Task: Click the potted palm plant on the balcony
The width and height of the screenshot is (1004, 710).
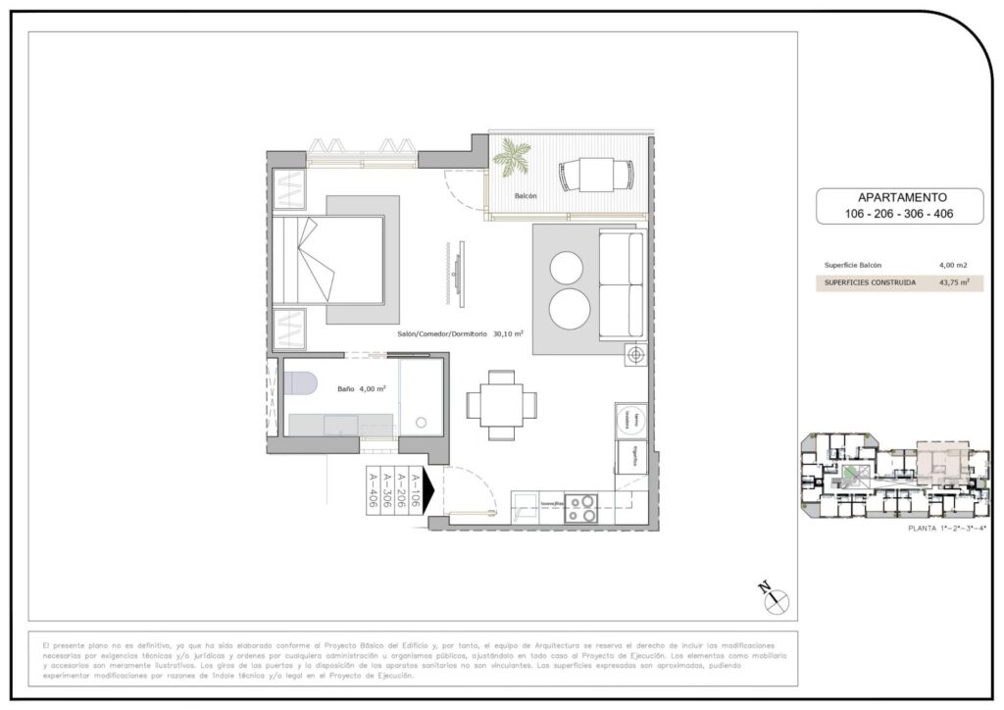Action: [512, 157]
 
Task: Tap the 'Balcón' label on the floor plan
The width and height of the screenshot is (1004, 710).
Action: [526, 197]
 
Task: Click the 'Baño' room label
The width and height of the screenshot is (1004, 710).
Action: [344, 388]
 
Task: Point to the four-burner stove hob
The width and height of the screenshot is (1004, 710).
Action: [580, 508]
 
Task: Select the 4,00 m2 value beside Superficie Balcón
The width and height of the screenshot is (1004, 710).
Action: [951, 265]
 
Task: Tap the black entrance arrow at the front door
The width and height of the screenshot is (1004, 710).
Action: [427, 482]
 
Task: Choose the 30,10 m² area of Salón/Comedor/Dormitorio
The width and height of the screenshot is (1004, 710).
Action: [508, 333]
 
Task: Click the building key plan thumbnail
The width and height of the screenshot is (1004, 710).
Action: [892, 475]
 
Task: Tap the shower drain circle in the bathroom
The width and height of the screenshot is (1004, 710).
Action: [421, 424]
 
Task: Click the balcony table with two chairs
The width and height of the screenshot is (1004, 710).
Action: [596, 176]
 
